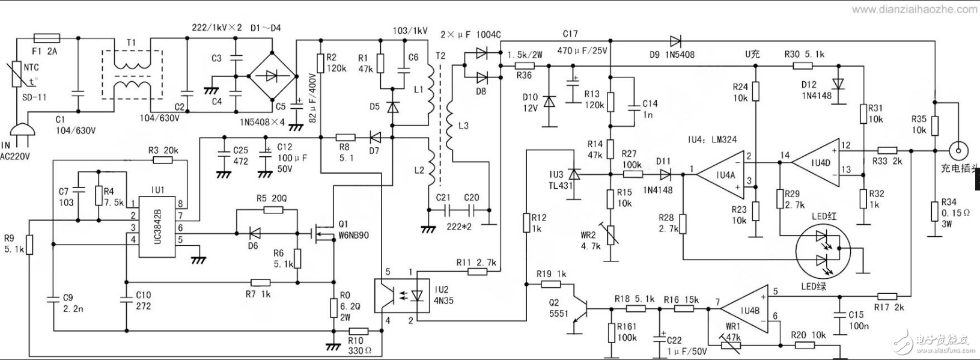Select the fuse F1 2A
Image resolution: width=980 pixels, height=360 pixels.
[x=46, y=37]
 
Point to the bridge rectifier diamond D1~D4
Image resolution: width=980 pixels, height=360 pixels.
[x=273, y=76]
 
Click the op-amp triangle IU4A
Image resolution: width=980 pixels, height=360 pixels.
[x=720, y=175]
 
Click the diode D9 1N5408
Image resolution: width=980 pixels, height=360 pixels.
[x=675, y=41]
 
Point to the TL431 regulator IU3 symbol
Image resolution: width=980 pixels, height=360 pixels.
[x=573, y=175]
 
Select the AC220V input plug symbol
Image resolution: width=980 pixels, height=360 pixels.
[x=19, y=133]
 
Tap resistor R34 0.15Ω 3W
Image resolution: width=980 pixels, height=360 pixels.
[x=934, y=212]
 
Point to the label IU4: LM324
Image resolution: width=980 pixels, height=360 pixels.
[x=712, y=139]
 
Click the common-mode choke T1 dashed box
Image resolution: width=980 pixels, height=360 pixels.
[x=132, y=75]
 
